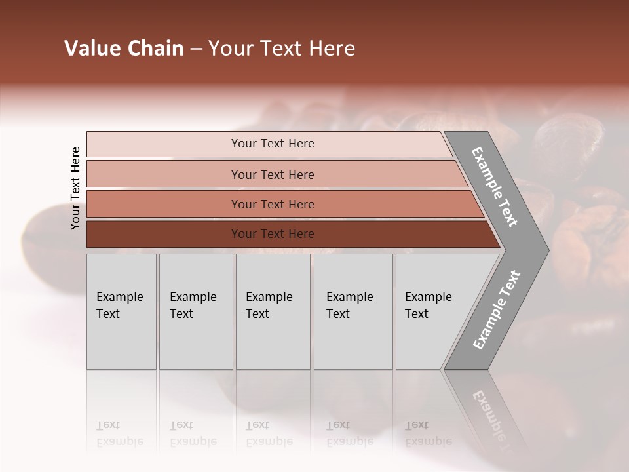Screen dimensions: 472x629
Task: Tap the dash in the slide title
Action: (x=196, y=49)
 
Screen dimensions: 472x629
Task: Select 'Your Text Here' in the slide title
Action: (x=282, y=49)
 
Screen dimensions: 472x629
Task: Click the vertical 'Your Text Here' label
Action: (x=75, y=188)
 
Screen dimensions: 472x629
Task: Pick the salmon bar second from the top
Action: (x=272, y=174)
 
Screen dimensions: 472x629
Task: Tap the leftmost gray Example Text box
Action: (x=121, y=311)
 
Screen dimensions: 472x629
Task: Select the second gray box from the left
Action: (x=195, y=311)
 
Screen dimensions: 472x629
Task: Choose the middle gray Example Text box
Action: (x=273, y=311)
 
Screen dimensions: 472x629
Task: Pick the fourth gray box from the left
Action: (x=353, y=311)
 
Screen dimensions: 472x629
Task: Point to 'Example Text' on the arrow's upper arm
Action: (x=495, y=187)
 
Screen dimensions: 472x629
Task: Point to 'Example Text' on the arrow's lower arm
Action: (x=497, y=309)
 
